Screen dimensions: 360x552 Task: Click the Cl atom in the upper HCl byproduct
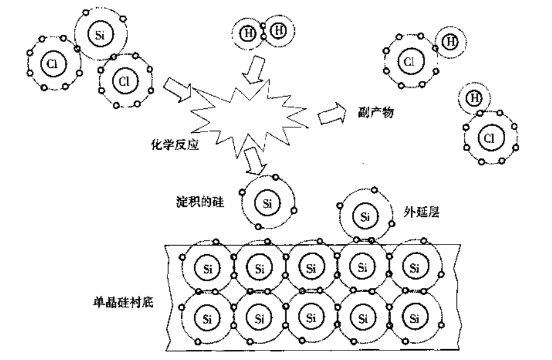click(x=409, y=61)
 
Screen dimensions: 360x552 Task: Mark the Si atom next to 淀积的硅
click(x=267, y=203)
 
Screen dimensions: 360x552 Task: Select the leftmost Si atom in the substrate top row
click(x=208, y=268)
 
